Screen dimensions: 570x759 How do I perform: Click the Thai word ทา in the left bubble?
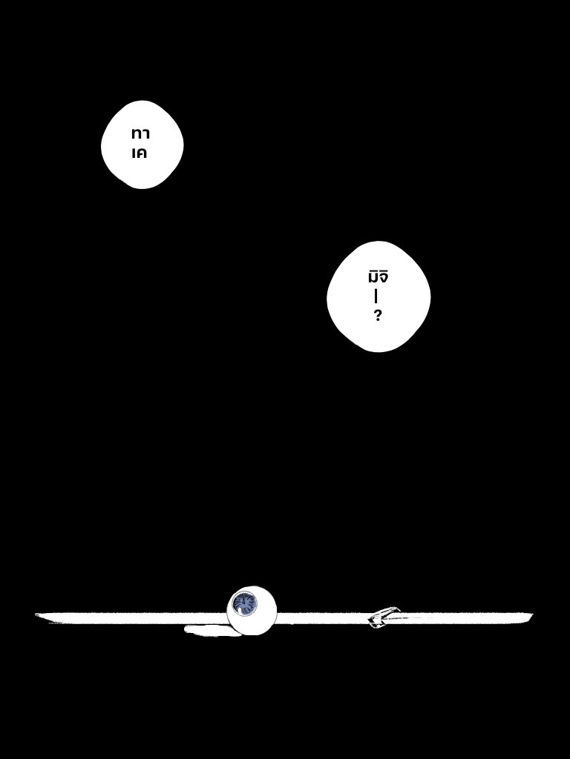tap(140, 134)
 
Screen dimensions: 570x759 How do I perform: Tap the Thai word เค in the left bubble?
tap(139, 153)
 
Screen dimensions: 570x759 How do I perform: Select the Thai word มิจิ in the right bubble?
tap(378, 277)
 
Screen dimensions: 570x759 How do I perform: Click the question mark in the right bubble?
tap(378, 316)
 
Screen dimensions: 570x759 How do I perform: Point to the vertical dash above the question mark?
tap(376, 296)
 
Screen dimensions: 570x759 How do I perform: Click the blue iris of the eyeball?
tap(242, 604)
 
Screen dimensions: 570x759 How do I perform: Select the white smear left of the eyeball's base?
tap(206, 631)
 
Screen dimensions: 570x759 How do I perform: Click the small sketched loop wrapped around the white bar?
tap(384, 617)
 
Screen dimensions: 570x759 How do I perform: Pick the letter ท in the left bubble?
tap(136, 134)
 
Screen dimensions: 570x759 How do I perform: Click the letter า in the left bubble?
tap(145, 134)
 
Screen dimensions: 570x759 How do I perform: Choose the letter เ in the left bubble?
tap(133, 153)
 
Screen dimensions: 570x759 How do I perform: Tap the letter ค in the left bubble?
tap(142, 153)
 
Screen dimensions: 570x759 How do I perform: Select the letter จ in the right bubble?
tap(384, 278)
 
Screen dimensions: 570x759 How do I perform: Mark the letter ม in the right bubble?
tap(373, 278)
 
